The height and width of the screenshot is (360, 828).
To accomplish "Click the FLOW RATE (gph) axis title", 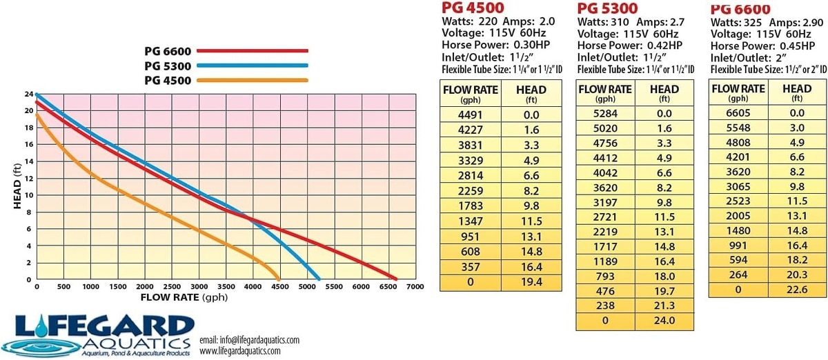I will [184, 298].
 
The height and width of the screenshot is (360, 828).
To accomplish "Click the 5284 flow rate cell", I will [605, 113].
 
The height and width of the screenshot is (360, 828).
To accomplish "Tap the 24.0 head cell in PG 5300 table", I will [664, 320].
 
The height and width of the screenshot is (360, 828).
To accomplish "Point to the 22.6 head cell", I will [797, 289].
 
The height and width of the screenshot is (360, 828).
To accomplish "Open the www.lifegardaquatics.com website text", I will [239, 351].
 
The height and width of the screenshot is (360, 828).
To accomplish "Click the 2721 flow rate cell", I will [605, 217].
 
